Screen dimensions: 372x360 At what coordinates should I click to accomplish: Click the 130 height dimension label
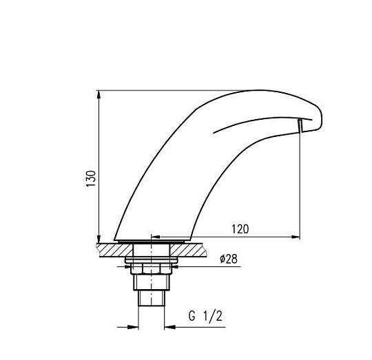91,178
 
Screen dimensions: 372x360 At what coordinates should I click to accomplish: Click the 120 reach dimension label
240,229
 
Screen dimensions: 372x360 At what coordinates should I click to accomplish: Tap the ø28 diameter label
229,259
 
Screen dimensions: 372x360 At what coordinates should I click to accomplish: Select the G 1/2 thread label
205,317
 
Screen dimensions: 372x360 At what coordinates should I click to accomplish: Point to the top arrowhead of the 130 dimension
99,94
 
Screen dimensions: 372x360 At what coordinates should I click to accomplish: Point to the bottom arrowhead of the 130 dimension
99,239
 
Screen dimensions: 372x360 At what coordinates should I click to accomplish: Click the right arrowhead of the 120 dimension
296,237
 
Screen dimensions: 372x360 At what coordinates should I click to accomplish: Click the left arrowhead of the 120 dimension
156,237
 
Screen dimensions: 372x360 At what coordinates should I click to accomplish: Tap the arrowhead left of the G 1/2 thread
134,327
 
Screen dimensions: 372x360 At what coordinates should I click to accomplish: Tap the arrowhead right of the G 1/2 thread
169,327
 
